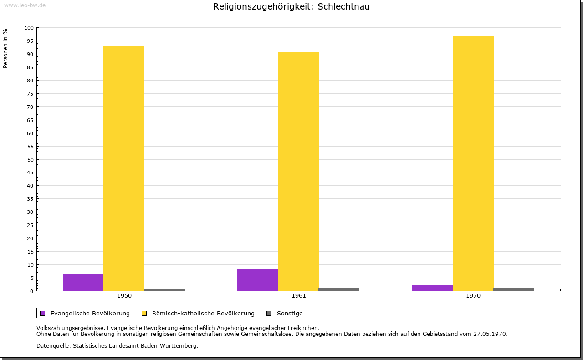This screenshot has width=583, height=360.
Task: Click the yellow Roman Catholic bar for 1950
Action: [x=124, y=168]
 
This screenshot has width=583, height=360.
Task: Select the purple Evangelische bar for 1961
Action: [x=257, y=279]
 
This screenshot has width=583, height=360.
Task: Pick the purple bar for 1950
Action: [x=83, y=282]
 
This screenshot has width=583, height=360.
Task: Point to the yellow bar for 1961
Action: [x=298, y=171]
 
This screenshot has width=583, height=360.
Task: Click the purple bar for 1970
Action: [x=432, y=288]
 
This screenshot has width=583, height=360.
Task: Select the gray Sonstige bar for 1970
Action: [x=514, y=289]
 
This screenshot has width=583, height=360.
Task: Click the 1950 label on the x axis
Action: [x=124, y=296]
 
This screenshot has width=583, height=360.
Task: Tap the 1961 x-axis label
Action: [x=299, y=296]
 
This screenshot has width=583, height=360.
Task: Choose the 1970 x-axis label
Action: [x=473, y=296]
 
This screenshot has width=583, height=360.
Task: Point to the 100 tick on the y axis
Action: [x=29, y=28]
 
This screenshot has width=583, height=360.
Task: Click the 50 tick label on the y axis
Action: [x=31, y=160]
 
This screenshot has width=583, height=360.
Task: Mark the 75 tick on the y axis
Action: [x=31, y=94]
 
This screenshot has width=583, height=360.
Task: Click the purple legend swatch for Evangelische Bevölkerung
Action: [x=43, y=313]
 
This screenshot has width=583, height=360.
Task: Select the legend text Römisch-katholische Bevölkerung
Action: [x=203, y=313]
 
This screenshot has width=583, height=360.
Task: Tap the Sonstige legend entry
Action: [x=290, y=313]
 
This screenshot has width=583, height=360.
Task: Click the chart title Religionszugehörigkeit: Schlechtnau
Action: [x=291, y=7]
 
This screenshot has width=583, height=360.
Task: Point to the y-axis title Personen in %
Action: [x=5, y=48]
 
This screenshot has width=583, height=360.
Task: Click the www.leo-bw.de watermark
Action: [x=24, y=5]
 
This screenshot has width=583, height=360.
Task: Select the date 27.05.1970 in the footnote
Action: [x=490, y=334]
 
